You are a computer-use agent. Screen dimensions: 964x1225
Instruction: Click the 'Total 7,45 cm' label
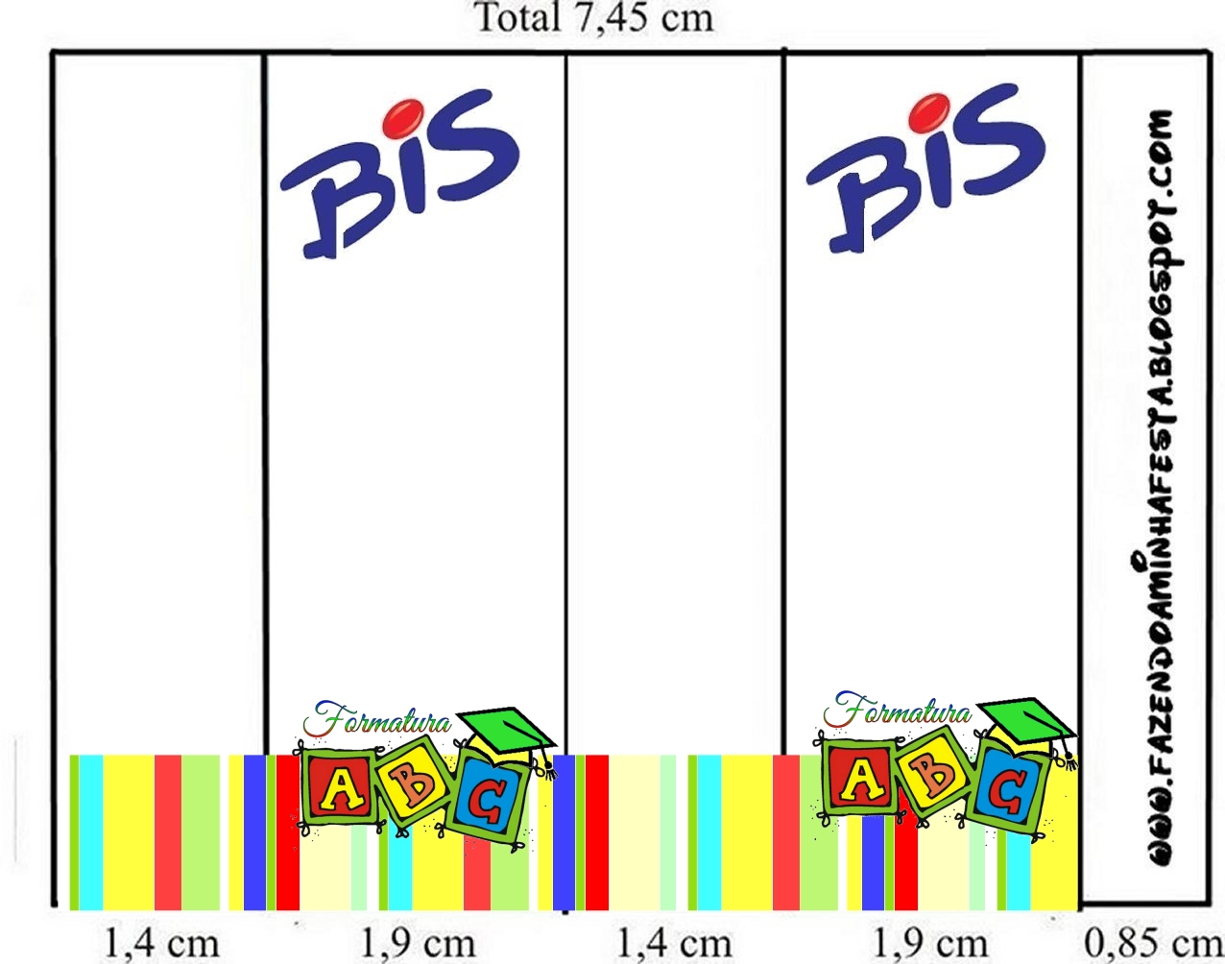coord(595,18)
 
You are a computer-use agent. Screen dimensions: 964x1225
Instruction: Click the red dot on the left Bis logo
coord(403,117)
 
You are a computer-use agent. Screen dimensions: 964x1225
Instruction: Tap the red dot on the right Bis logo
coord(929,113)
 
